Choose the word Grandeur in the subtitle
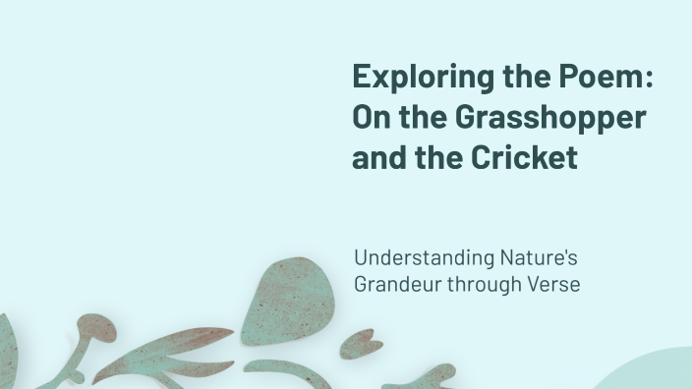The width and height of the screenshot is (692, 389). (397, 285)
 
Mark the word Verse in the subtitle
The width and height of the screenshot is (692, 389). (556, 285)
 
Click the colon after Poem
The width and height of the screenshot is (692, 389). (649, 80)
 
